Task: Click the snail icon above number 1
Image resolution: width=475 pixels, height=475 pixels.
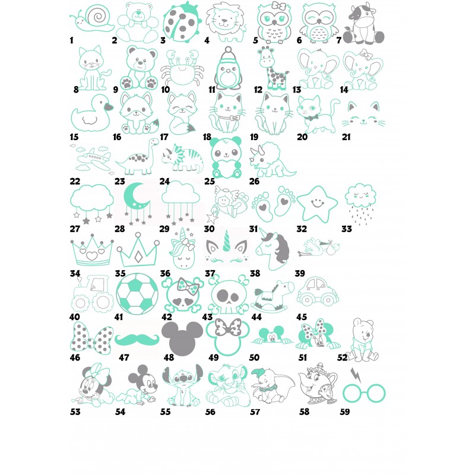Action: coord(92,18)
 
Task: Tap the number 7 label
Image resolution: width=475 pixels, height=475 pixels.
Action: coord(338,40)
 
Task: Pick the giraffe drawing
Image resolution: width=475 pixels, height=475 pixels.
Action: coord(273,68)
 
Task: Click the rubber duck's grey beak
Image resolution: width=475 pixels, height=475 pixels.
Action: coord(109,107)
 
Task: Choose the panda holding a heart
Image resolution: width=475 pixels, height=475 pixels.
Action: coord(227,158)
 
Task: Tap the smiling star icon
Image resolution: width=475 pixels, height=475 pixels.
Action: coord(317,204)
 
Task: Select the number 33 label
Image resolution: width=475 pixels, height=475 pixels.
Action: coord(347,229)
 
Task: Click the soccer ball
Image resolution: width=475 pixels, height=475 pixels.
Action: coord(137,294)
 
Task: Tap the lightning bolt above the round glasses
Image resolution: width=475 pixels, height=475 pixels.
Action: coord(356,375)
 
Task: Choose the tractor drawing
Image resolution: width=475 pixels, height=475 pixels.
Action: coord(91,294)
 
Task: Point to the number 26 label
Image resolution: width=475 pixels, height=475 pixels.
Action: coord(254,181)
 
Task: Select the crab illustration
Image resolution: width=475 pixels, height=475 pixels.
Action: coord(182,69)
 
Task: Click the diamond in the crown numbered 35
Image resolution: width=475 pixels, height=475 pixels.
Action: coord(138,257)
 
